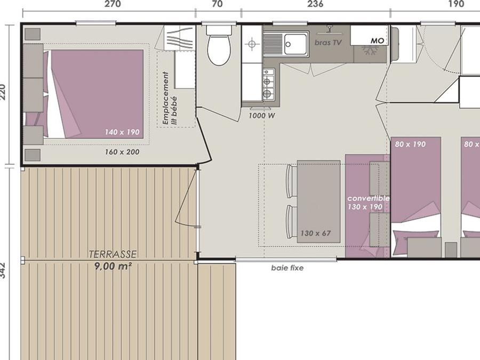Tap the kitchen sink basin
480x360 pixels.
[x=295, y=44]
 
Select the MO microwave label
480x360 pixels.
[x=377, y=41]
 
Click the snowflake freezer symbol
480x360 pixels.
[x=369, y=51]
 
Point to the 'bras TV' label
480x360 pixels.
[x=327, y=43]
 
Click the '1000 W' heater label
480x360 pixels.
[x=261, y=116]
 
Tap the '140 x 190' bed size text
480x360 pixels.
[x=122, y=132]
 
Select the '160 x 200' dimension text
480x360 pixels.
[x=122, y=152]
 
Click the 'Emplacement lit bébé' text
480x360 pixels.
[x=170, y=99]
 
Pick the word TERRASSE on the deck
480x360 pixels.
[x=113, y=254]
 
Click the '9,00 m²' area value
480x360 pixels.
[x=113, y=266]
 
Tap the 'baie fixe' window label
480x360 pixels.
[x=287, y=268]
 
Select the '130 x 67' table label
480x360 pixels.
[x=315, y=233]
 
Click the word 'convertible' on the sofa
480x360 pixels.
[x=368, y=198]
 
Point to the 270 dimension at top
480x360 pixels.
[x=113, y=4]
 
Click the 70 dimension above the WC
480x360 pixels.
[x=217, y=4]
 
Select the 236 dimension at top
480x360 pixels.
[x=315, y=4]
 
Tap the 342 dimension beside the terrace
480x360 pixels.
[x=3, y=270]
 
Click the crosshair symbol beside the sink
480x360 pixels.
[x=252, y=44]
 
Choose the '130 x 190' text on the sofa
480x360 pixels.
[x=365, y=207]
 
